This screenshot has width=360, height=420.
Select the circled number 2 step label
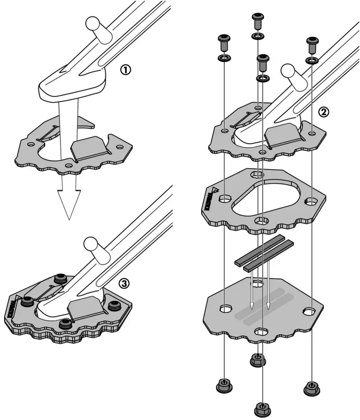(323, 112)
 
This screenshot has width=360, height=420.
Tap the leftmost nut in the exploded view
(224, 386)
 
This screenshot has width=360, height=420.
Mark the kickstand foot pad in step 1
(73, 86)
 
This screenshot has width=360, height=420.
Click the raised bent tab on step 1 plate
(91, 148)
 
